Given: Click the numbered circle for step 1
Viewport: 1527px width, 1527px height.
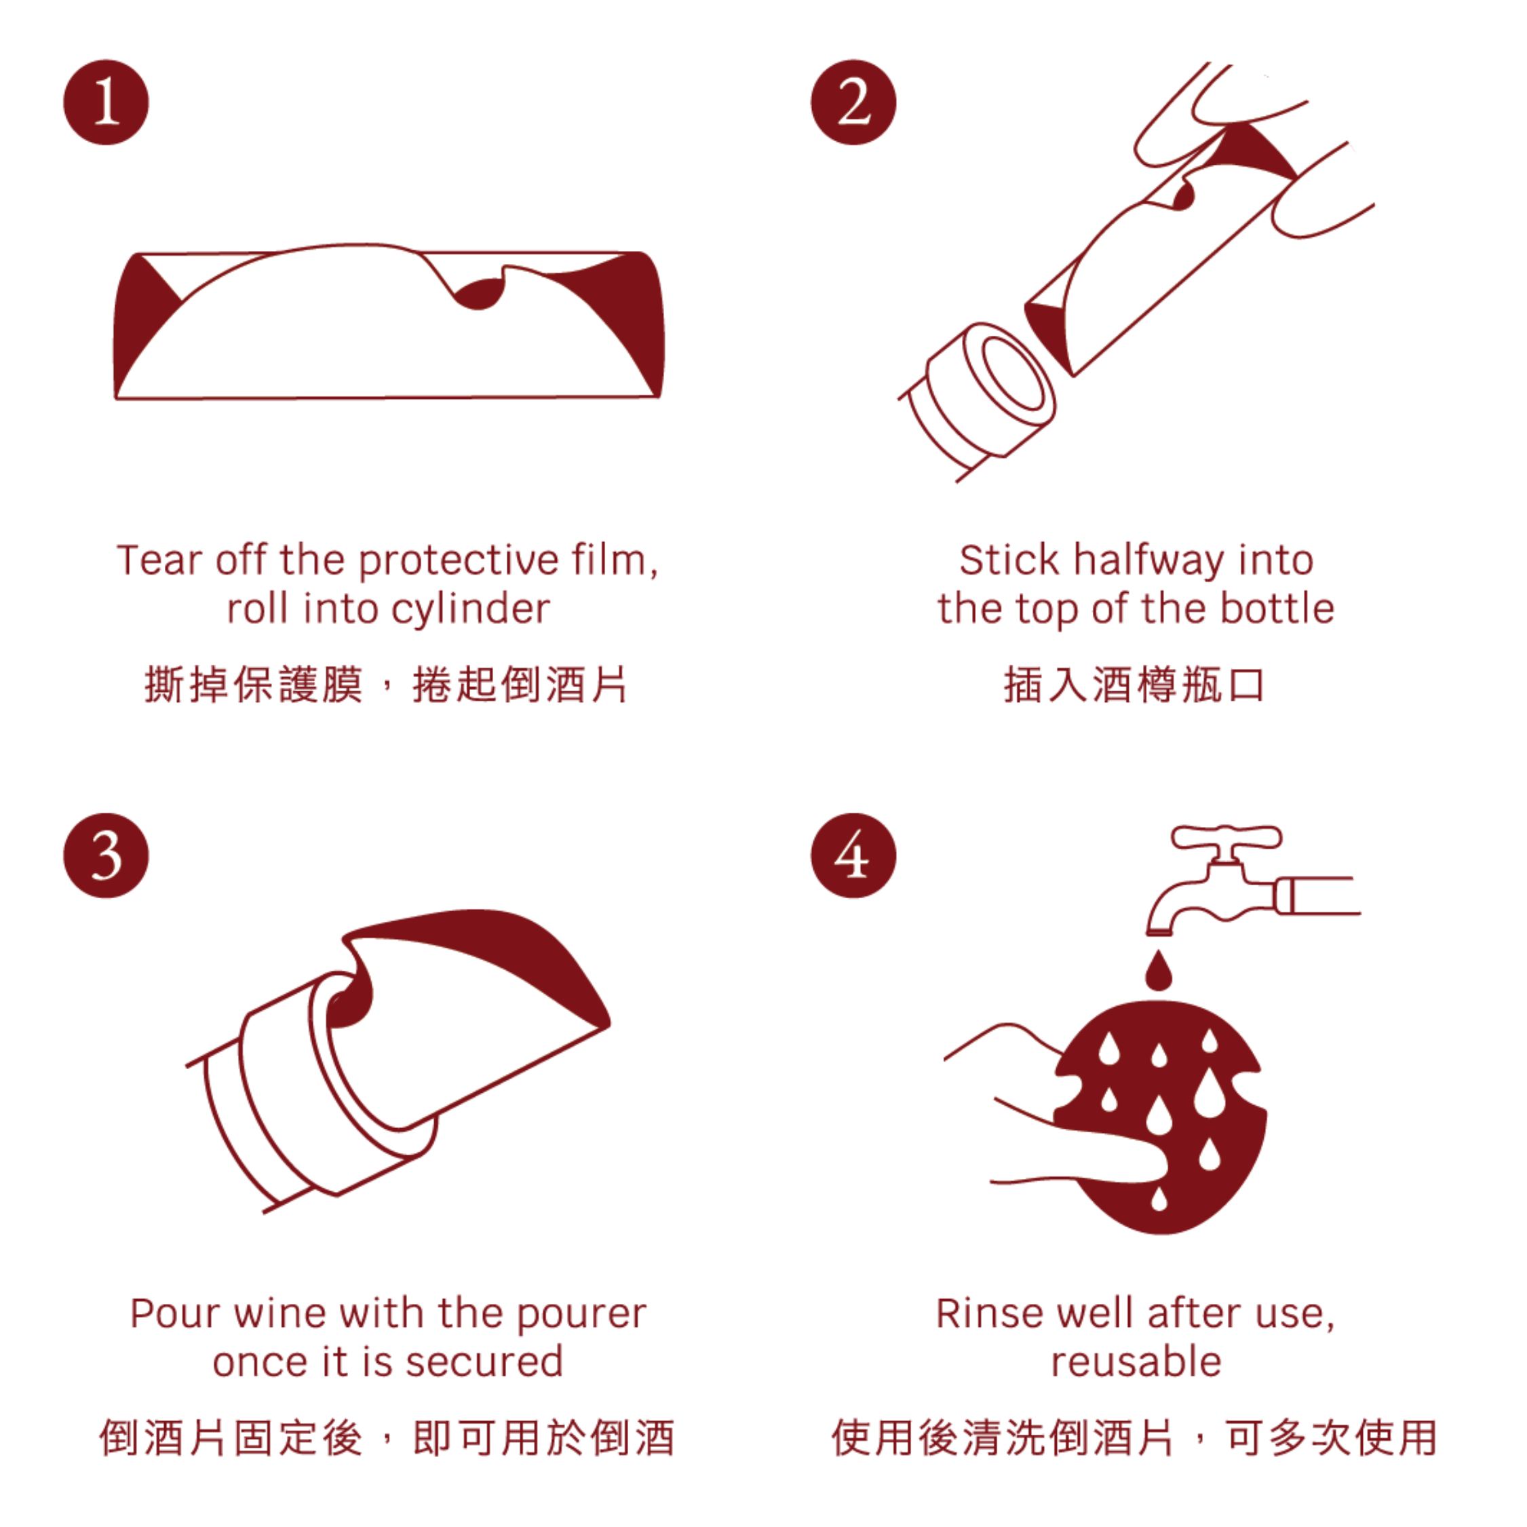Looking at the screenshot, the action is (x=106, y=102).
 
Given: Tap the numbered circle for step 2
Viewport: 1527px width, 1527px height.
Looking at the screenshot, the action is (x=853, y=102).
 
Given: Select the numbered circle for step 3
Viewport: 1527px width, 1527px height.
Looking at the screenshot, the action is (x=106, y=856).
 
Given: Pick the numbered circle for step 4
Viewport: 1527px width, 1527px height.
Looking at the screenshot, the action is (x=853, y=856).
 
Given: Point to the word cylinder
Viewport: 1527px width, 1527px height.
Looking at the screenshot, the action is (x=470, y=609).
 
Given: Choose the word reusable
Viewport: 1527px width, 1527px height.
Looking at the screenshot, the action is (x=1136, y=1363).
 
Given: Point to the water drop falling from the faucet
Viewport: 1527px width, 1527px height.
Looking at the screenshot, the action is (x=1159, y=971).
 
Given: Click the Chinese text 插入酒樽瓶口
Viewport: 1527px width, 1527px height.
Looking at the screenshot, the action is (x=1135, y=684).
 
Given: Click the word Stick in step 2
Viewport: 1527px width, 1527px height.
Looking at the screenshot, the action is (x=1009, y=561).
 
